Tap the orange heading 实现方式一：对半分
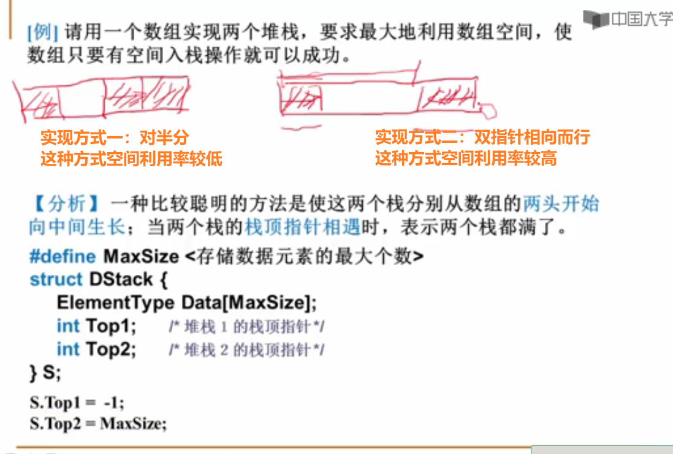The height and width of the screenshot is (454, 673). (115, 137)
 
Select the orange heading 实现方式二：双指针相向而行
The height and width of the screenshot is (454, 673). (482, 137)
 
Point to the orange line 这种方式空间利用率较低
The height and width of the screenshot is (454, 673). (131, 160)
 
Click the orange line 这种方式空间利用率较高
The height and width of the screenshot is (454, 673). (466, 160)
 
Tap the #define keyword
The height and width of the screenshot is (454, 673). (63, 256)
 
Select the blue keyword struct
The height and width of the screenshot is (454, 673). (56, 280)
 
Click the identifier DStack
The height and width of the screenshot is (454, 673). (121, 280)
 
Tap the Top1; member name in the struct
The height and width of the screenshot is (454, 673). (111, 326)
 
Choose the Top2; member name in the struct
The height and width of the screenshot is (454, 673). (111, 349)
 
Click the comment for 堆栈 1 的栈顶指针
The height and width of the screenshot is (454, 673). (246, 327)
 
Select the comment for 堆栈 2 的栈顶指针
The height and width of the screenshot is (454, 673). (246, 350)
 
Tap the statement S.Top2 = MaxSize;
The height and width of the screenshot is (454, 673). (98, 423)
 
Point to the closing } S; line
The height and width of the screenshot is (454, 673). (45, 372)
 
